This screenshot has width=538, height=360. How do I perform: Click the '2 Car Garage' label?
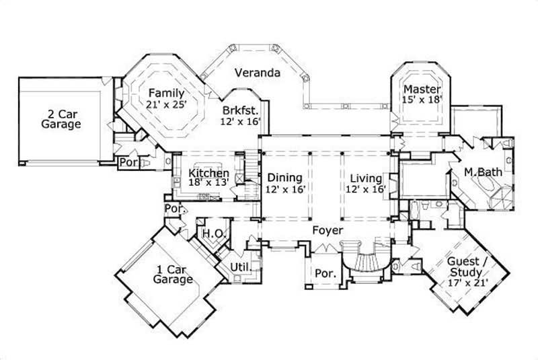coord(61,118)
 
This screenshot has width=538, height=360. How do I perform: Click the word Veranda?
coord(258,73)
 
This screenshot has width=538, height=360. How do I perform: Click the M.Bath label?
coord(482,172)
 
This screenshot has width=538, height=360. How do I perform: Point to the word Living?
coord(367,178)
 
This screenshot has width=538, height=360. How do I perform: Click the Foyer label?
coord(328,231)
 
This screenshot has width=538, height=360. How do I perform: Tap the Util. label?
coord(240,267)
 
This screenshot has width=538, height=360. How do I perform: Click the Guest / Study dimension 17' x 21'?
coord(463,283)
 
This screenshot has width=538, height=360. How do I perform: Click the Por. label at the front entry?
coord(325,274)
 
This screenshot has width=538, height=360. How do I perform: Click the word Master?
coord(422,89)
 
